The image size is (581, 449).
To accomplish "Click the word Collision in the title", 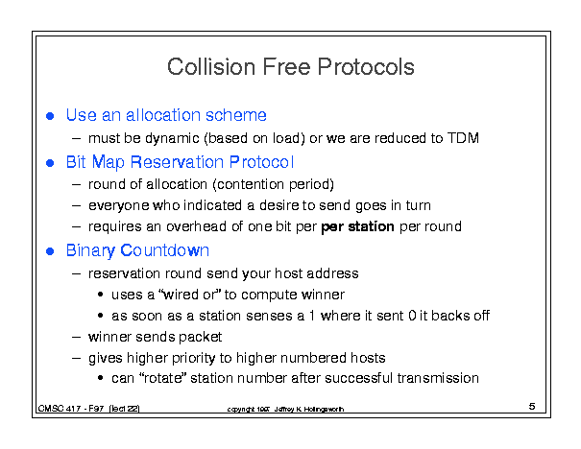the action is coord(211,67).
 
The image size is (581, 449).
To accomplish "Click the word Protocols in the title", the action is coord(366,67).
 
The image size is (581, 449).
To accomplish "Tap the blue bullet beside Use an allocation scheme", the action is coord(50,116).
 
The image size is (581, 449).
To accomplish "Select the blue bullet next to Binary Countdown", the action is coord(50,251).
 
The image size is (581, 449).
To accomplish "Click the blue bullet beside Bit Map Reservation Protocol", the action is coord(50,163).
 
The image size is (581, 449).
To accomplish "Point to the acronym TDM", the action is coord(463,138).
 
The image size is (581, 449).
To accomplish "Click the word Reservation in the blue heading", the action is coord(177,162).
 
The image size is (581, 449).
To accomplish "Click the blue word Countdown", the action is coord(165,250).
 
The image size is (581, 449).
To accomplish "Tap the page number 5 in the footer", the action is coord(532,407).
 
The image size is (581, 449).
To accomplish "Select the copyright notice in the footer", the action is coord(285,409).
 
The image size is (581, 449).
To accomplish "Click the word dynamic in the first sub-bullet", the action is coord(172,139).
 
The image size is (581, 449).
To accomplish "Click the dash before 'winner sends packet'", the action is coord(77,337).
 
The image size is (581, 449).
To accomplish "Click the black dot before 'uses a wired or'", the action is coord(100,295).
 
